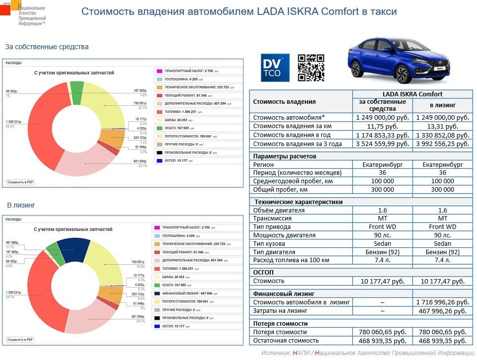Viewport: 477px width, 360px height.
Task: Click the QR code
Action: [311, 68]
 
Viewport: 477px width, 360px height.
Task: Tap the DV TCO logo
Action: [275, 68]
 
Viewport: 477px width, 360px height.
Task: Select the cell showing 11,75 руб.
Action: [383, 126]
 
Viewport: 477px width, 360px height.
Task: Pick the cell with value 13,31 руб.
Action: [442, 126]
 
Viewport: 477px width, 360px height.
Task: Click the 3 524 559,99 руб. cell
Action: [383, 144]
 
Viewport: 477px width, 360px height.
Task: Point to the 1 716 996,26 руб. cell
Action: [442, 302]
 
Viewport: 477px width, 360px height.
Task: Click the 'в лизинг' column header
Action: [442, 105]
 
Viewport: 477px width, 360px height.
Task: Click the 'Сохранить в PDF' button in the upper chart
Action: [20, 182]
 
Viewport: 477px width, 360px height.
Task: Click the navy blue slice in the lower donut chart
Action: [74, 247]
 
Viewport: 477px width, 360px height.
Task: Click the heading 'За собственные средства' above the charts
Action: [47, 47]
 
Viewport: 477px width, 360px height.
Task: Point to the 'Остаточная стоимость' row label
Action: [286, 341]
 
